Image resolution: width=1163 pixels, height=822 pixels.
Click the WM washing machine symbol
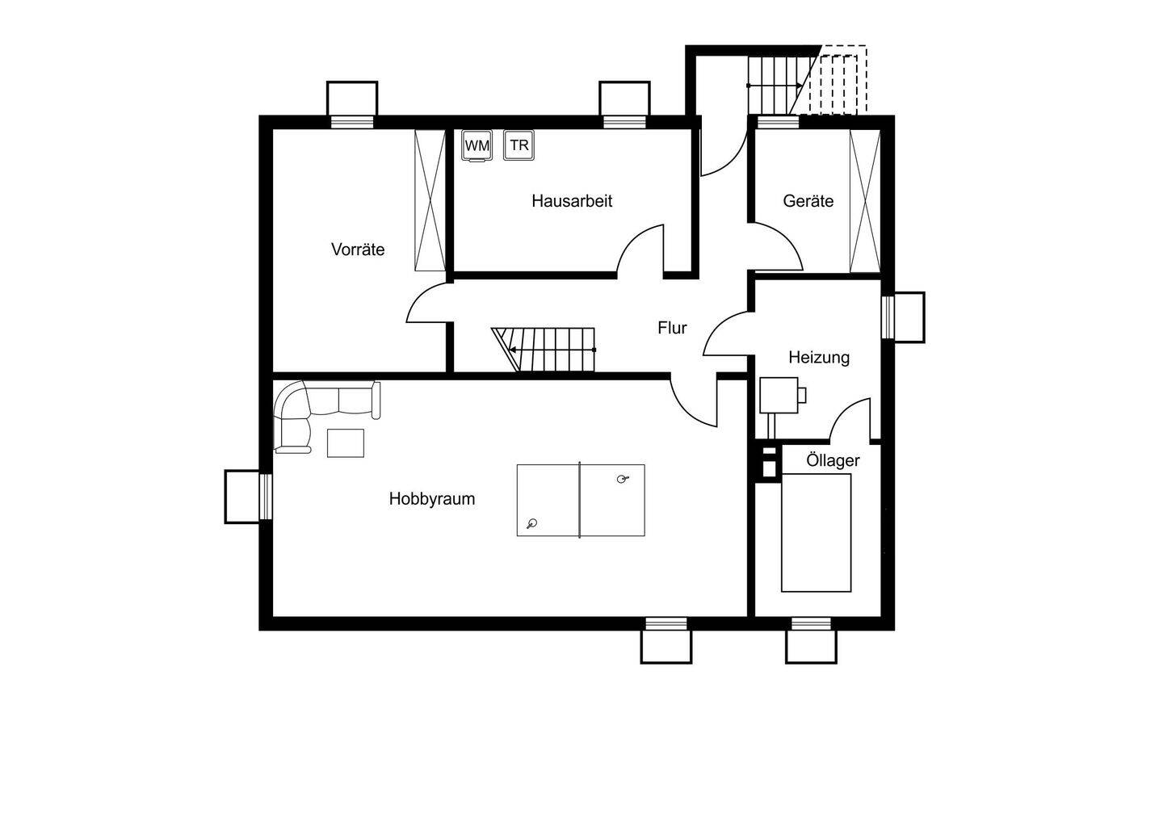477,146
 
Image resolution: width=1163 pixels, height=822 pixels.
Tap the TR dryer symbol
519,145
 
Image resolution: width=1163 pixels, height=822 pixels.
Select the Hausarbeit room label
572,201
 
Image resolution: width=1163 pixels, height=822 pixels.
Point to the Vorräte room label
358,250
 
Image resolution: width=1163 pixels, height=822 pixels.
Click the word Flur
672,328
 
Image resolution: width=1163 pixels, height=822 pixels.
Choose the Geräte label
808,201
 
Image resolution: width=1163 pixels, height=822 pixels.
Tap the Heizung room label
819,358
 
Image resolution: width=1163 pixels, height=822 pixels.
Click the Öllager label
833,460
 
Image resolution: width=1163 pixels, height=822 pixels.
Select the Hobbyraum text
432,499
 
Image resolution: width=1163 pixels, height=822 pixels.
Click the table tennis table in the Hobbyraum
581,501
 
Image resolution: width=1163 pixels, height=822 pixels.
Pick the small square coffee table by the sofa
346,443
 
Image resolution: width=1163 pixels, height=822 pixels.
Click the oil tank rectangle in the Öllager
817,532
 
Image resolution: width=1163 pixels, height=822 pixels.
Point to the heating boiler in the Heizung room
779,396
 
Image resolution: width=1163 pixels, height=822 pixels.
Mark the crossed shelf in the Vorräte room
430,200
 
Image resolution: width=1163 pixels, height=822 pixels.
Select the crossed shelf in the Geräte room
865,201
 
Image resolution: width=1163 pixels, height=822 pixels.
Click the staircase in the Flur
544,350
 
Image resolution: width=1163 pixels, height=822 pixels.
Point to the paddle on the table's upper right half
623,479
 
